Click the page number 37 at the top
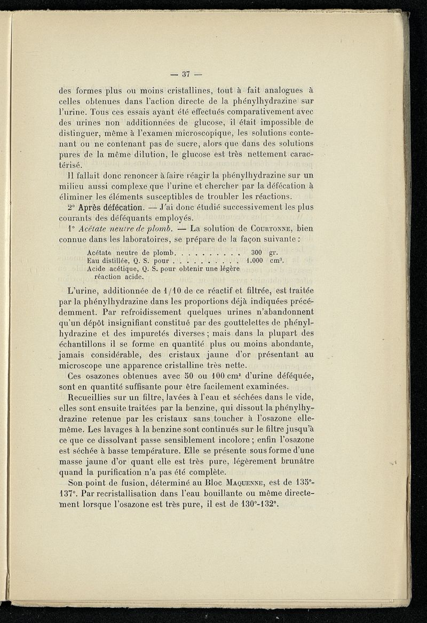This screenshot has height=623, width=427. (186, 74)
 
